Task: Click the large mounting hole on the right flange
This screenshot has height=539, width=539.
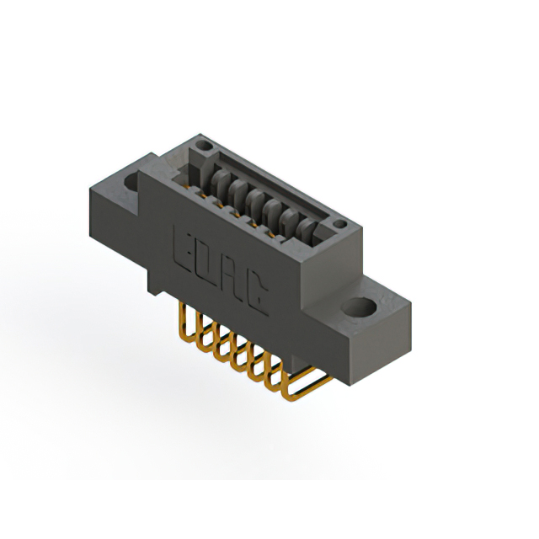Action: [x=359, y=307]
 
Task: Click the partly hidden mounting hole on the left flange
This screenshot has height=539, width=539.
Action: [x=131, y=182]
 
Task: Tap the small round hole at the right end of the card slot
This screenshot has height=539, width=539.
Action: [x=340, y=224]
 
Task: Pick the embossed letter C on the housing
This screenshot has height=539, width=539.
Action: [x=256, y=296]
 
